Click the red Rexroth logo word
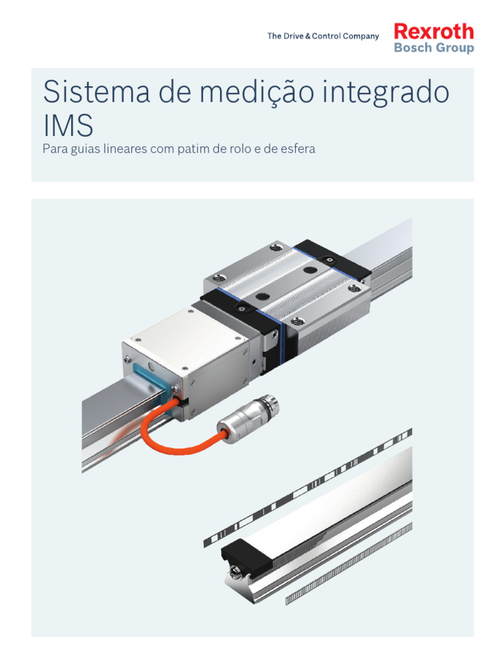coord(434,32)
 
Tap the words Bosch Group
coord(434,47)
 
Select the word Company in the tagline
coord(360,36)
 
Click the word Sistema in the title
coord(96,91)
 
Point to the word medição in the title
coord(256,92)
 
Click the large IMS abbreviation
coord(68,125)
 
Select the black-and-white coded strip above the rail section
coord(307,488)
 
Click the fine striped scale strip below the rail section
coord(349,564)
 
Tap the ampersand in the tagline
coord(307,36)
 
